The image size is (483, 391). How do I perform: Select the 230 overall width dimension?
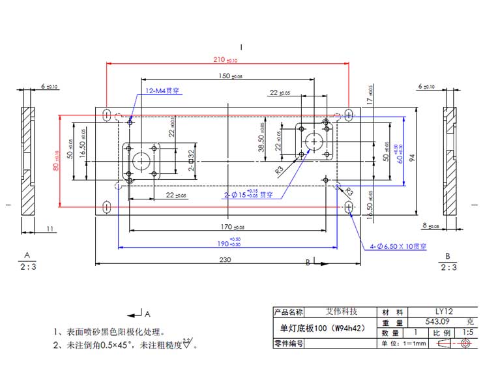226,259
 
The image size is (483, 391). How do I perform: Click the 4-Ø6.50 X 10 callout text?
398,246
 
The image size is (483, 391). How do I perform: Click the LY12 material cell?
443,312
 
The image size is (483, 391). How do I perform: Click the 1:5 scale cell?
468,332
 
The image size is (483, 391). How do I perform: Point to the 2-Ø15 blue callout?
248,194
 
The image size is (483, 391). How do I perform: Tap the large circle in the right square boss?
314,140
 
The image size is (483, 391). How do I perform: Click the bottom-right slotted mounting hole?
349,207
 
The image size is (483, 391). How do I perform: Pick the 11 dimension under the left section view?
49,229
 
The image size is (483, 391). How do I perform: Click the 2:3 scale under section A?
27,267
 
